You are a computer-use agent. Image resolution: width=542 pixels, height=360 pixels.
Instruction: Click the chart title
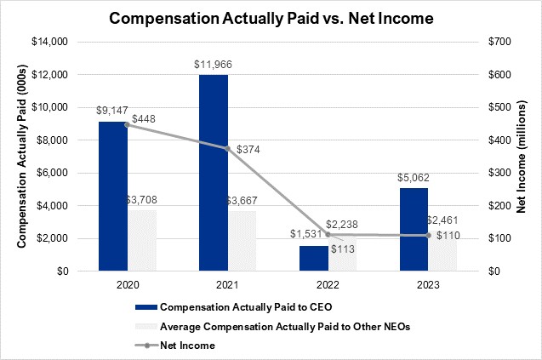271,16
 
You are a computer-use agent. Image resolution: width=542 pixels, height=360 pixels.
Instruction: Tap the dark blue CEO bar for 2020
113,196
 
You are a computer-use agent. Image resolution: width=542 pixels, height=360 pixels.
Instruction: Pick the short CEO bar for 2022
314,258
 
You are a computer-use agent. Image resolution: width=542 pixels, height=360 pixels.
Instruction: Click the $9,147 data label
114,111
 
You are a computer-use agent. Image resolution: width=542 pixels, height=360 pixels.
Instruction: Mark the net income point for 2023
429,235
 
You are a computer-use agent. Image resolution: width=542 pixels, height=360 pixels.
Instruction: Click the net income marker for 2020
128,124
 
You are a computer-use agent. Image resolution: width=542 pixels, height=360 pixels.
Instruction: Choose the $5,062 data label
414,178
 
